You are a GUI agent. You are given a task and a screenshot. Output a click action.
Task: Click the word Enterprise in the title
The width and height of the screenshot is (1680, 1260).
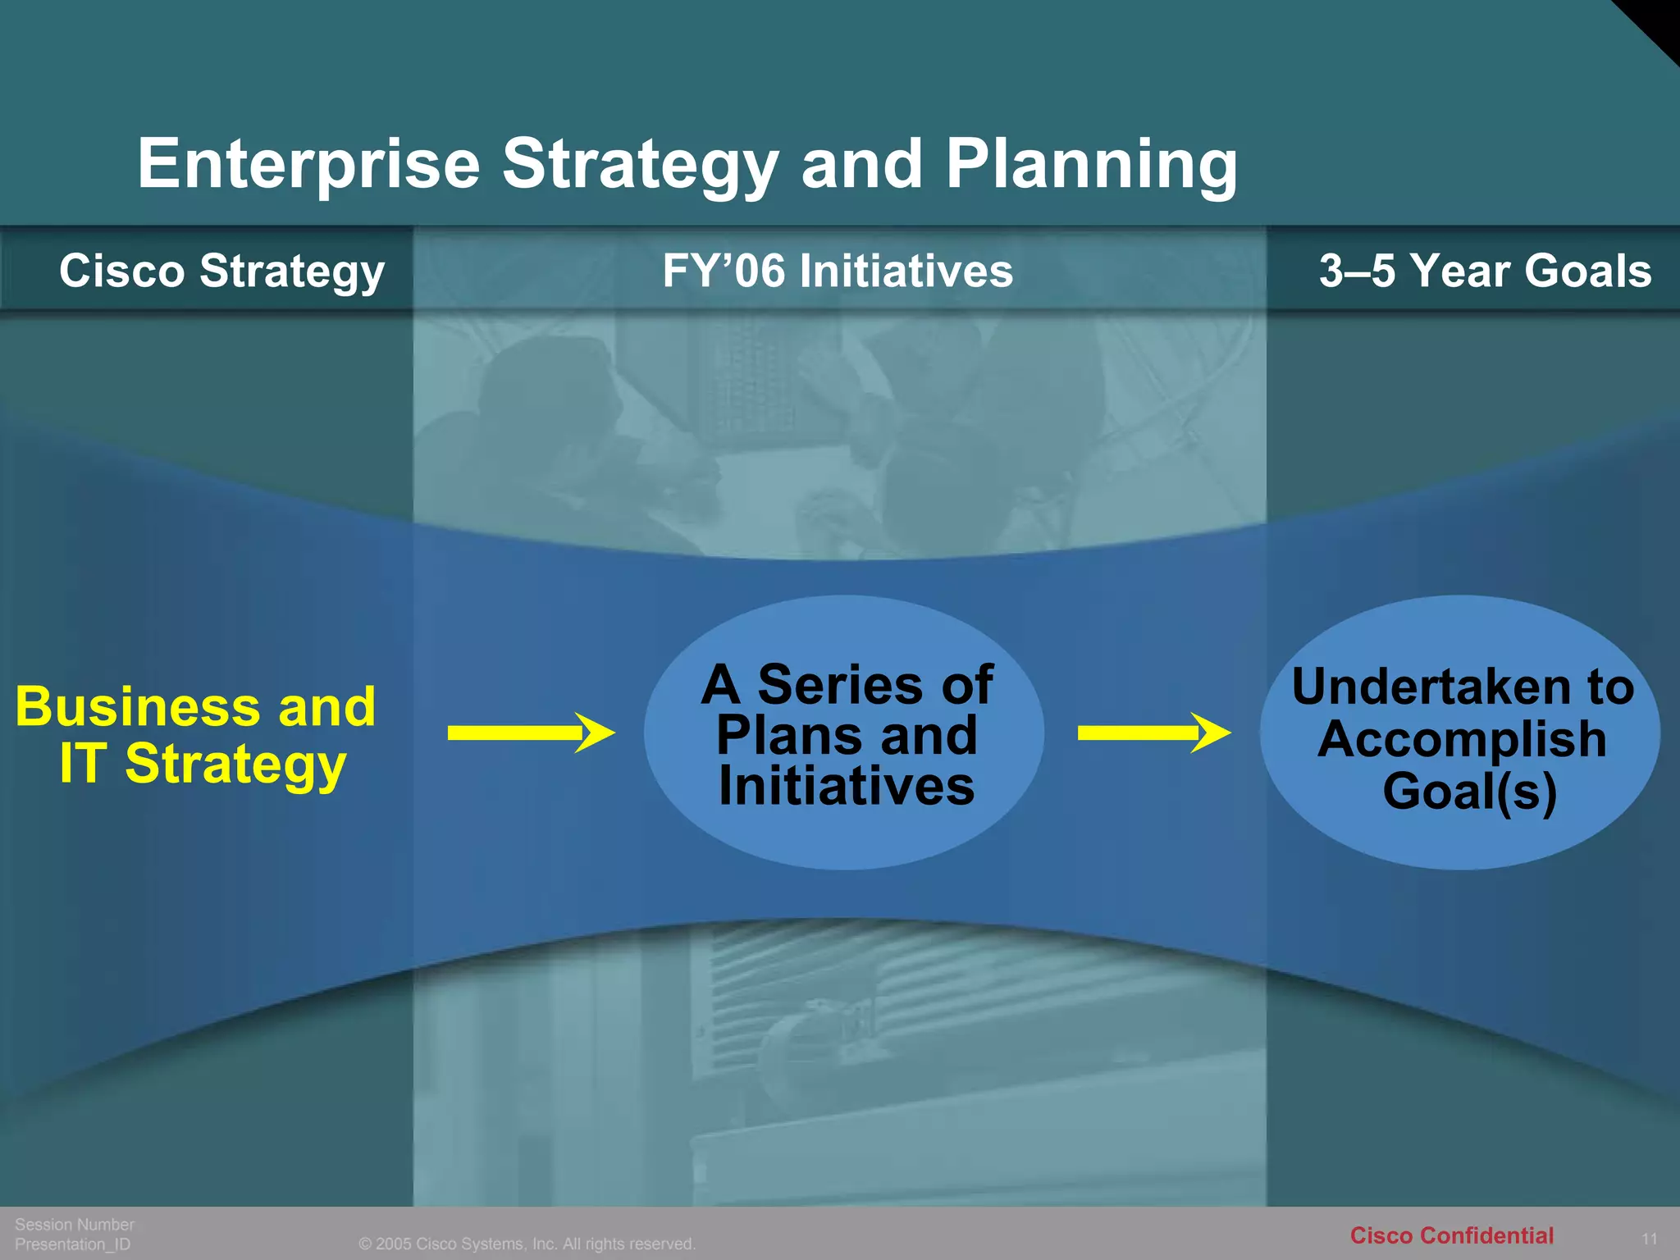pyautogui.click(x=308, y=164)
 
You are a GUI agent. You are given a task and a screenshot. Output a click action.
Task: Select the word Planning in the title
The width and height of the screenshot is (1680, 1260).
pyautogui.click(x=1091, y=164)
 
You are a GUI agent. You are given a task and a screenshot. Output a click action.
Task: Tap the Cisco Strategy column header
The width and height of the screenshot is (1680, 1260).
pyautogui.click(x=221, y=271)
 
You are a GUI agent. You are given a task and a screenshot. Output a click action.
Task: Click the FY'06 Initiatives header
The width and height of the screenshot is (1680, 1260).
pyautogui.click(x=838, y=271)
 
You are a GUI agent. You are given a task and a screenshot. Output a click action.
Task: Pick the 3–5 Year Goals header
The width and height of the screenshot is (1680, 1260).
pyautogui.click(x=1485, y=271)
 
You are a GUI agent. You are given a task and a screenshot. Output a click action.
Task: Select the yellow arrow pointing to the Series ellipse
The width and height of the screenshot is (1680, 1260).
pyautogui.click(x=530, y=733)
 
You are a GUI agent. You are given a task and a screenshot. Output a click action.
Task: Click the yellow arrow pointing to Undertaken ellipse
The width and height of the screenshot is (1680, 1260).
pyautogui.click(x=1153, y=733)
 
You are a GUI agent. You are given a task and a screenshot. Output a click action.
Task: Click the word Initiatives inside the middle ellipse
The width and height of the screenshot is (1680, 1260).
pyautogui.click(x=847, y=786)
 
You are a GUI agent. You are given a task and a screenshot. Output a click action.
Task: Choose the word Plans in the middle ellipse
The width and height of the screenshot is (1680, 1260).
pyautogui.click(x=778, y=735)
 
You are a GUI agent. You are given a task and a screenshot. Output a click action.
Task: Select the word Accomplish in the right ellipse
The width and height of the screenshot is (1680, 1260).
pyautogui.click(x=1462, y=739)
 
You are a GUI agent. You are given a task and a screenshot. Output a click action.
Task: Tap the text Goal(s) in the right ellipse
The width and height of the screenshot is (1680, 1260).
pyautogui.click(x=1469, y=791)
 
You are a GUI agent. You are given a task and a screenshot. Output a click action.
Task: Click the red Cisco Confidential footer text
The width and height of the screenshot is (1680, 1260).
pyautogui.click(x=1451, y=1235)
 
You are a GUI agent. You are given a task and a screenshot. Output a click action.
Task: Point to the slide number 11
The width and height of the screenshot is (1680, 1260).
pyautogui.click(x=1649, y=1239)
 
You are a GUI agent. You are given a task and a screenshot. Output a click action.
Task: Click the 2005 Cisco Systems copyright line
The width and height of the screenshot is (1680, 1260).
pyautogui.click(x=527, y=1244)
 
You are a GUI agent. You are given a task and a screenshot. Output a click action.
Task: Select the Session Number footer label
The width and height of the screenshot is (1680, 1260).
pyautogui.click(x=75, y=1224)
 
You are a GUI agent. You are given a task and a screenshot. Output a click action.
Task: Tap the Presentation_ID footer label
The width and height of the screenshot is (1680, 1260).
pyautogui.click(x=73, y=1244)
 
